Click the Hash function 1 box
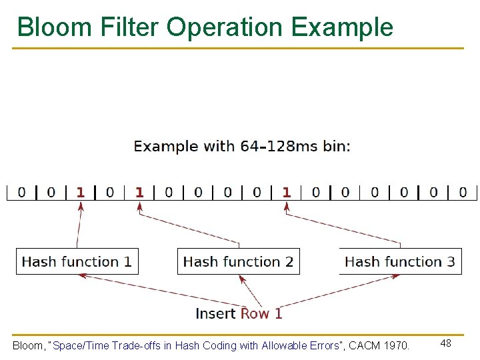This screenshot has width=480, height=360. pos(77,261)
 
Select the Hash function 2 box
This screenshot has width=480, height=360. pos(238,261)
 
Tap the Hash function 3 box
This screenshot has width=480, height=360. pos(400,261)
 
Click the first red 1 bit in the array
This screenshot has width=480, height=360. pos(81,193)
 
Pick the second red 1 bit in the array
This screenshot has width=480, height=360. pos(139,193)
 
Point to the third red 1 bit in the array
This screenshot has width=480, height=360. pos(287,193)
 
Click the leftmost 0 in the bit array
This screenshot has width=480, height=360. pos(22,193)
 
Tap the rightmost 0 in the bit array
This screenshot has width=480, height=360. pos(463,193)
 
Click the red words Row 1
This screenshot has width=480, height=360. pos(261,313)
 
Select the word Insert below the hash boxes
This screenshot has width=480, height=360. pos(215,313)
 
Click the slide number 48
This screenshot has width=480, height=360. pos(446,343)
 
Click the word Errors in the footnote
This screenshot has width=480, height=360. pos(322,345)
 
